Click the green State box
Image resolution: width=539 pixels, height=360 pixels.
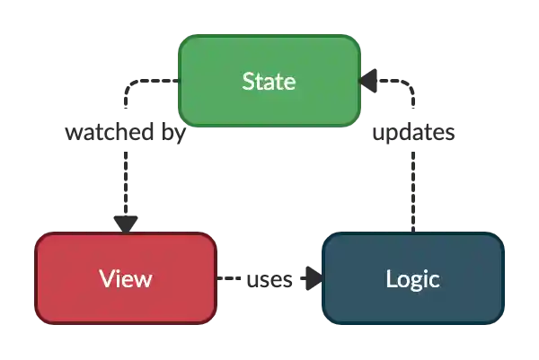click(x=269, y=82)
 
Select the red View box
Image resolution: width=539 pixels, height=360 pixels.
click(x=126, y=278)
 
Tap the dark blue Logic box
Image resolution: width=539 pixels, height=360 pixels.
click(x=412, y=278)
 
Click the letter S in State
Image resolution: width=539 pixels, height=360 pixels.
click(x=248, y=82)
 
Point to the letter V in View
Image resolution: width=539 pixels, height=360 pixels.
click(x=106, y=278)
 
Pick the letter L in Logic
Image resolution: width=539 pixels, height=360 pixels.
click(x=391, y=278)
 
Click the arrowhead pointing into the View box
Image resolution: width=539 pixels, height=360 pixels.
click(x=125, y=223)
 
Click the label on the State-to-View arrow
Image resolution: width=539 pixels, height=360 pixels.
click(x=125, y=134)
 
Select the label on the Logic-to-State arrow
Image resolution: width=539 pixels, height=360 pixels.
click(x=412, y=134)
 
